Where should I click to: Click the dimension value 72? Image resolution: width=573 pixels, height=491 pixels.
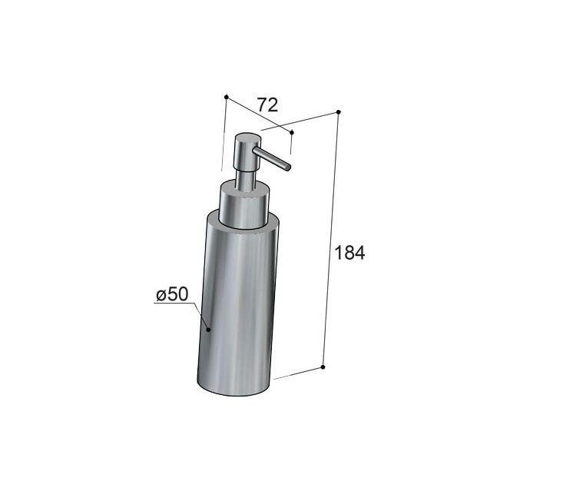pyautogui.click(x=267, y=105)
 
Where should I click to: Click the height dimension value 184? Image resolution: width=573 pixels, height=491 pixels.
pyautogui.click(x=349, y=253)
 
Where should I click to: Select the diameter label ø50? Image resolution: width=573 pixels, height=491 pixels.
pyautogui.click(x=172, y=294)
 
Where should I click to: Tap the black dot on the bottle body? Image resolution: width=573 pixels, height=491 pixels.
pyautogui.click(x=208, y=330)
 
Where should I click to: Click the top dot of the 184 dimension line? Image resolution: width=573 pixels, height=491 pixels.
pyautogui.click(x=339, y=112)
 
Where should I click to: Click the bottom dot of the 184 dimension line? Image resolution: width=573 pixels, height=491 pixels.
pyautogui.click(x=323, y=367)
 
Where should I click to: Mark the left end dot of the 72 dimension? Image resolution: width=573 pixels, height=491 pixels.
pyautogui.click(x=226, y=97)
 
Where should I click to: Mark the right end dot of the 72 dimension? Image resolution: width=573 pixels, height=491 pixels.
pyautogui.click(x=292, y=131)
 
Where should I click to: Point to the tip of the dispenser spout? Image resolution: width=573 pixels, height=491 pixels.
pyautogui.click(x=289, y=168)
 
